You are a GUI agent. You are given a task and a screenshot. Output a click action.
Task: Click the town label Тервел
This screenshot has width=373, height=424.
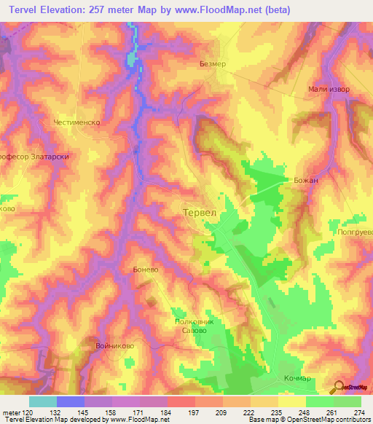coord(198,212)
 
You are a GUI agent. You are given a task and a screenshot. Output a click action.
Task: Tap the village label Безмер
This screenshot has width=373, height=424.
coord(213,64)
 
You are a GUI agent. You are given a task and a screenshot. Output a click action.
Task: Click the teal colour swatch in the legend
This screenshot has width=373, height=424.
coord(42,401)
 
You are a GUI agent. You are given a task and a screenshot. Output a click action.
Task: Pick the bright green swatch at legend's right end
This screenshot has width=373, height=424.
coord(347,401)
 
